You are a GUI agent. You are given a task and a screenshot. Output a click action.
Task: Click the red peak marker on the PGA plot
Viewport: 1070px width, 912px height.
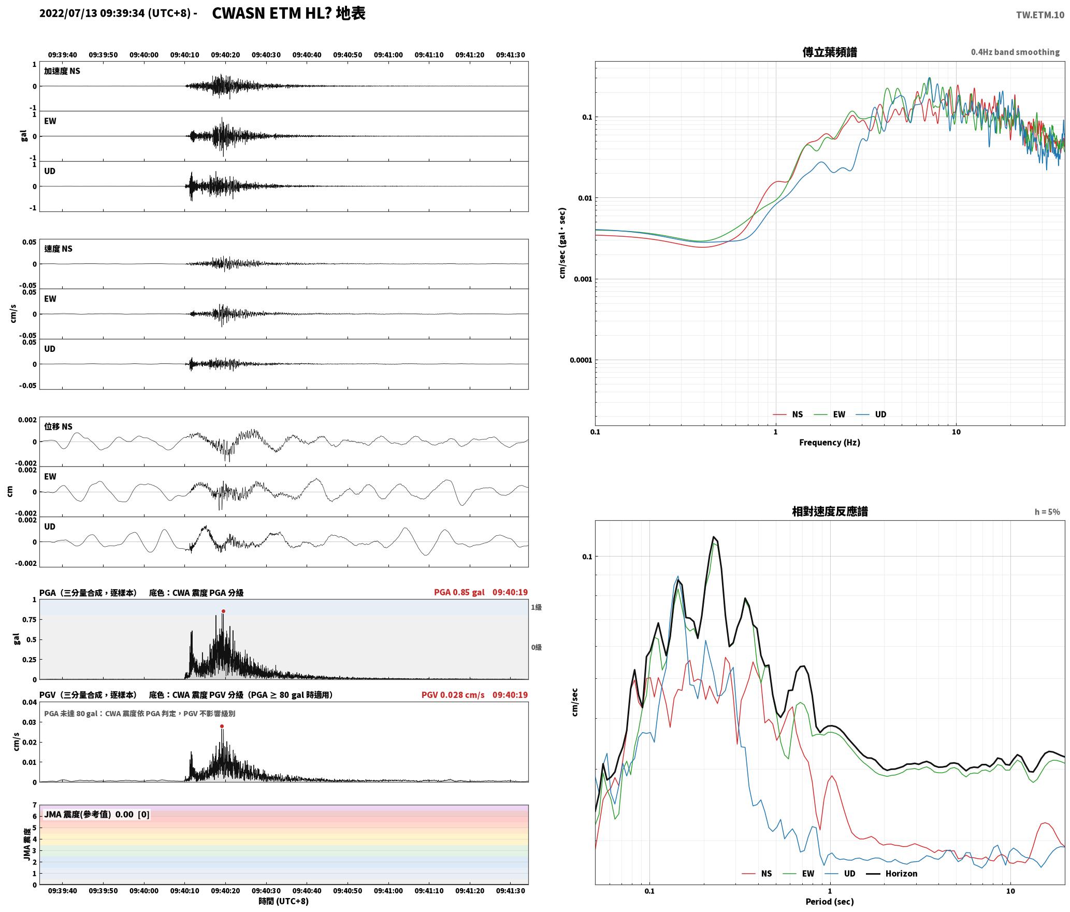(223, 611)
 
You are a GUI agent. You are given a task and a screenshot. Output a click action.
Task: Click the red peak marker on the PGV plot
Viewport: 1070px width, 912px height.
(222, 726)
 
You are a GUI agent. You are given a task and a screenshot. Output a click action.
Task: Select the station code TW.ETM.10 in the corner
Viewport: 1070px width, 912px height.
(1040, 15)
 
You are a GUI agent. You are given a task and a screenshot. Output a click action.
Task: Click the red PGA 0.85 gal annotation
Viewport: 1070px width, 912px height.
(459, 592)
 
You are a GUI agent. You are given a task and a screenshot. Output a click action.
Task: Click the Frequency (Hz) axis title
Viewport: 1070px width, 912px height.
(829, 443)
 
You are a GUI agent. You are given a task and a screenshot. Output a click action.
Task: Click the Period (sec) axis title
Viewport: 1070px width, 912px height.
(829, 902)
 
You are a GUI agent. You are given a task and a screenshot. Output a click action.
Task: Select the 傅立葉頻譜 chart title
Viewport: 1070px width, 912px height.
(829, 52)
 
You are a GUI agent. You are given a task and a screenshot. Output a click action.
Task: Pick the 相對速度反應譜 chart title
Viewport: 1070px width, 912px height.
(830, 511)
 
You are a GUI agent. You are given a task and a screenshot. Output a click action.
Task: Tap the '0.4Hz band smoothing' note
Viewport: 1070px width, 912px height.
(1015, 52)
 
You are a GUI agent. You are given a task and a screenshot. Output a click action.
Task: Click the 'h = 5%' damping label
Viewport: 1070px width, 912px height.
(1047, 512)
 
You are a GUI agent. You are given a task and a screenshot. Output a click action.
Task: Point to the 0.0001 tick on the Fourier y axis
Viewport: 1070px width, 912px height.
(581, 360)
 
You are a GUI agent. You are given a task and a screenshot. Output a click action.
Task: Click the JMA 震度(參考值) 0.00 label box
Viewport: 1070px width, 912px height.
(97, 815)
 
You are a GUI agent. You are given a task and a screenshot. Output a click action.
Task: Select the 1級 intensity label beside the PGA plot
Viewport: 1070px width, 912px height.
(536, 607)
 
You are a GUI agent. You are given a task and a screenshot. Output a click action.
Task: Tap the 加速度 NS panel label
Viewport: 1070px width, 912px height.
(62, 72)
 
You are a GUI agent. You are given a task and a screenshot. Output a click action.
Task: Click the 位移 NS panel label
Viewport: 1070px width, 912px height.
(58, 427)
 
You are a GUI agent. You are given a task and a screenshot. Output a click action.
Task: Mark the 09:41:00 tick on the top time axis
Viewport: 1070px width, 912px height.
(388, 55)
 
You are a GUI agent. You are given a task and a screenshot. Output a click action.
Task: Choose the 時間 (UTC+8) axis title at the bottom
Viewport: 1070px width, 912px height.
(284, 901)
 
